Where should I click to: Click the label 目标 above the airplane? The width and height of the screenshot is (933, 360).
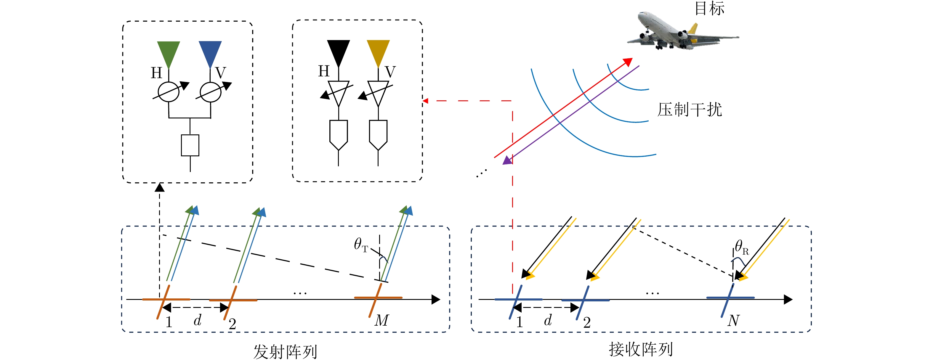[709, 8]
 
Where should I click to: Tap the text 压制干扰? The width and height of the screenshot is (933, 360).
[689, 109]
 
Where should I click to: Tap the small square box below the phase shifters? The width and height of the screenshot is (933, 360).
[190, 145]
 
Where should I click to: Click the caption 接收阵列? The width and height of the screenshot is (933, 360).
[640, 349]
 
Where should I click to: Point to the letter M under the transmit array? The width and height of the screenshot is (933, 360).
[382, 320]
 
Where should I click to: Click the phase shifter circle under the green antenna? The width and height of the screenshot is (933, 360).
[169, 92]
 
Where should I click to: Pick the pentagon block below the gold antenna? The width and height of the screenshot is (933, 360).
[378, 134]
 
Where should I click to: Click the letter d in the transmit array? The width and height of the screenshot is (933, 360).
[197, 320]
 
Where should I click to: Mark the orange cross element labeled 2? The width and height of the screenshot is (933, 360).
[232, 300]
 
